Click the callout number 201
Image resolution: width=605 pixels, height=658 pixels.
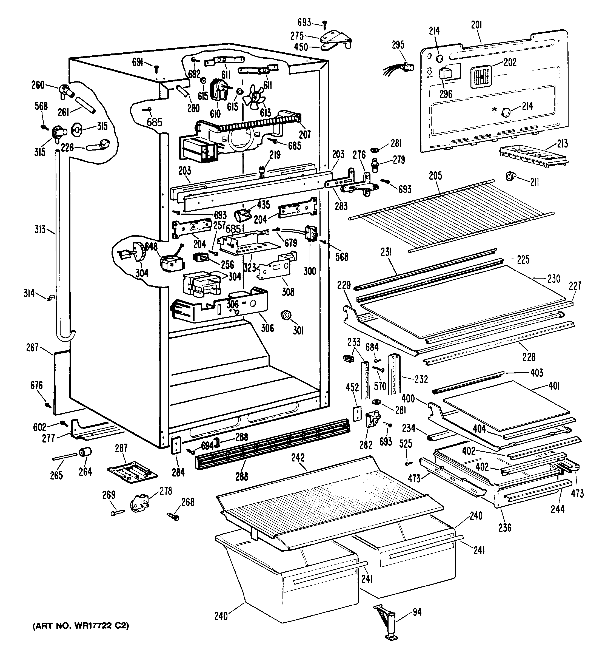476,25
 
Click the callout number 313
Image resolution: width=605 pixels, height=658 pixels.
40,229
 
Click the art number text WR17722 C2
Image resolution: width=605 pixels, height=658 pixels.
81,626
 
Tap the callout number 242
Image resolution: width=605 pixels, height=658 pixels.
298,458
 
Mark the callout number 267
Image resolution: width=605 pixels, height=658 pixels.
32,347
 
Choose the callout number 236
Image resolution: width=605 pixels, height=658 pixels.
505,527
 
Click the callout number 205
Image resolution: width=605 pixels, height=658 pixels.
435,176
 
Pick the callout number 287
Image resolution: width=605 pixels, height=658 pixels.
121,448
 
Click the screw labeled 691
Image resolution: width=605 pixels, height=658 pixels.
156,69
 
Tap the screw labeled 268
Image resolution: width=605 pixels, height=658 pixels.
173,517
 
